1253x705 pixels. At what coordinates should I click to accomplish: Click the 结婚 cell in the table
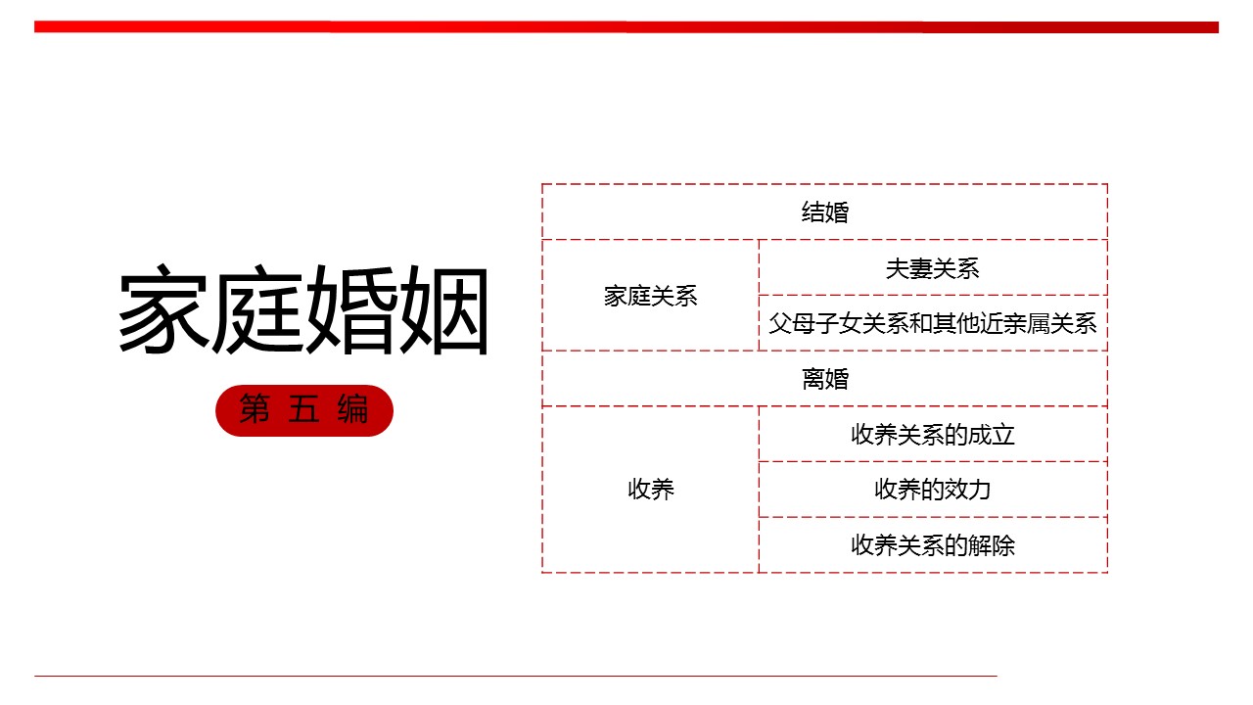point(825,211)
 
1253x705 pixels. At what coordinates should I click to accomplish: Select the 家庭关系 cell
point(651,296)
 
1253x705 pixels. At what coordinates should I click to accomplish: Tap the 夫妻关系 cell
point(933,268)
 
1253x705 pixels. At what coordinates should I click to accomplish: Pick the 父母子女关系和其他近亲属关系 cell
point(933,323)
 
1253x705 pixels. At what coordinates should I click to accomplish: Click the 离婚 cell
point(825,379)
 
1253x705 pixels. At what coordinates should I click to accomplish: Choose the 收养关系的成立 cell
point(933,434)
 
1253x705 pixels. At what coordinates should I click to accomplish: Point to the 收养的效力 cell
point(933,489)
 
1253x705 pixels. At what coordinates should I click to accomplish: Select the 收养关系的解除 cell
point(933,544)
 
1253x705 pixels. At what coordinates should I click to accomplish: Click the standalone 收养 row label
point(651,489)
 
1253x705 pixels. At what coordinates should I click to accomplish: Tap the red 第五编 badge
point(304,410)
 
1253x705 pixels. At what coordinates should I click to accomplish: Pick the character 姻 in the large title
point(443,311)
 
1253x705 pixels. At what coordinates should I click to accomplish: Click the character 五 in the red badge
point(304,410)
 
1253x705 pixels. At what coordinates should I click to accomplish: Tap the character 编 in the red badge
point(353,410)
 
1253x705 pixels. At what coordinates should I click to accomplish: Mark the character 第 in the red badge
point(255,410)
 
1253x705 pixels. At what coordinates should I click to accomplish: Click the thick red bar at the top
point(626,27)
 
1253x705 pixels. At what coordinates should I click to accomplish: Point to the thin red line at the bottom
point(515,676)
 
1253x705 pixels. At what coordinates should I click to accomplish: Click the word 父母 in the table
point(792,323)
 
